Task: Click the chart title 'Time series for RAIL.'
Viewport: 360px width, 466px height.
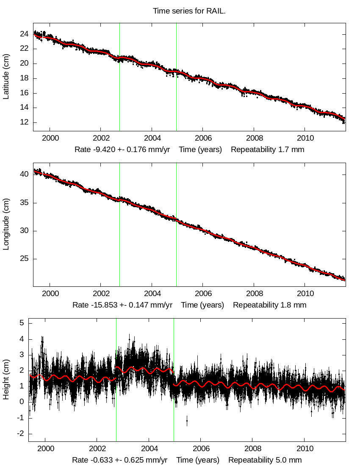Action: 189,11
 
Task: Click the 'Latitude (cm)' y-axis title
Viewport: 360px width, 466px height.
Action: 6,77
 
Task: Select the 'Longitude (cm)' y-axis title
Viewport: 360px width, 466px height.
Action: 6,224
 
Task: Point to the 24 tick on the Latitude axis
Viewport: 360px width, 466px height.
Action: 25,34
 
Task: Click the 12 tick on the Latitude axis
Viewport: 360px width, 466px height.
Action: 25,122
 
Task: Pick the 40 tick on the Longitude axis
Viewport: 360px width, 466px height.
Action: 25,174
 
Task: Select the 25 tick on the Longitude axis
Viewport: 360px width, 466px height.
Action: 25,259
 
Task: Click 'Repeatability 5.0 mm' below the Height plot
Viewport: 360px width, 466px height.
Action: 265,460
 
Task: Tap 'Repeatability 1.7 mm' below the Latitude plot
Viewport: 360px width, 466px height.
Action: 267,150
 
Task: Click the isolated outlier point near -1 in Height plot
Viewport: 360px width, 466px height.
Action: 187,420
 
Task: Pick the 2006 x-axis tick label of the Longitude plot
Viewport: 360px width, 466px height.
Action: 203,293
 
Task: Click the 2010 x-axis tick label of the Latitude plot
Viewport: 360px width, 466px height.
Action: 305,138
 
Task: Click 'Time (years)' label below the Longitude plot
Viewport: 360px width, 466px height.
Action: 202,305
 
